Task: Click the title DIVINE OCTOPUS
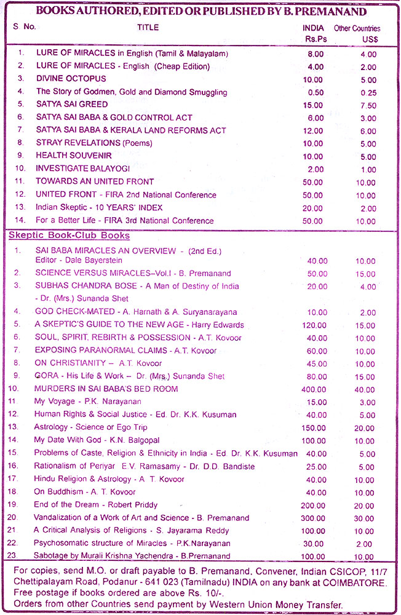(x=71, y=79)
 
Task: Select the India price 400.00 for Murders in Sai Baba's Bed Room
(x=312, y=389)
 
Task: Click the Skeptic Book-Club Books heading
(x=69, y=236)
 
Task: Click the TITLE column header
(x=148, y=28)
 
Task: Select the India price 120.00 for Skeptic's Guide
(x=312, y=325)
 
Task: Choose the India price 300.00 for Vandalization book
(x=312, y=518)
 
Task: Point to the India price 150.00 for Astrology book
(x=312, y=428)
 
